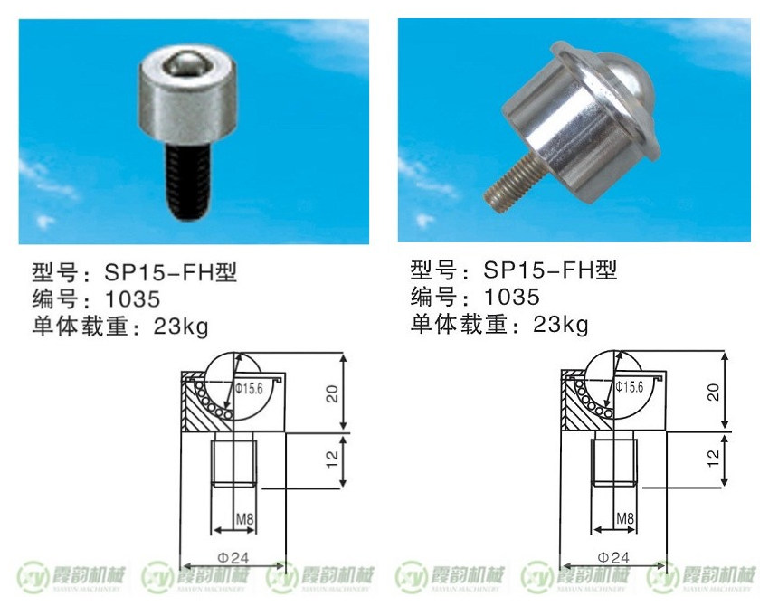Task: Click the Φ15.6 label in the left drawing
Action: click(249, 389)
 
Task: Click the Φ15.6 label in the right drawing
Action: click(630, 387)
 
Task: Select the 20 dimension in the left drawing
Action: click(333, 393)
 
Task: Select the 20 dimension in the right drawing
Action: click(714, 393)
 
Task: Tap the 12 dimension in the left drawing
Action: click(333, 459)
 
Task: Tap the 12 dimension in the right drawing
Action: click(714, 458)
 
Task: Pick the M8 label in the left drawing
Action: click(245, 519)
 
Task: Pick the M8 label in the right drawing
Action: click(625, 518)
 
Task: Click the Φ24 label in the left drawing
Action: click(233, 557)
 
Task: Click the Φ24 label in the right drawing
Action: click(613, 557)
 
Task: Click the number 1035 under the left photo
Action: click(132, 299)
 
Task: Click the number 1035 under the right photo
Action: click(512, 297)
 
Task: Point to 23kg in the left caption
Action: click(181, 327)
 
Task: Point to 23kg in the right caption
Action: click(561, 325)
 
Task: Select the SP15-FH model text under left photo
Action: click(170, 272)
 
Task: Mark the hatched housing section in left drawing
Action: click(194, 407)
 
